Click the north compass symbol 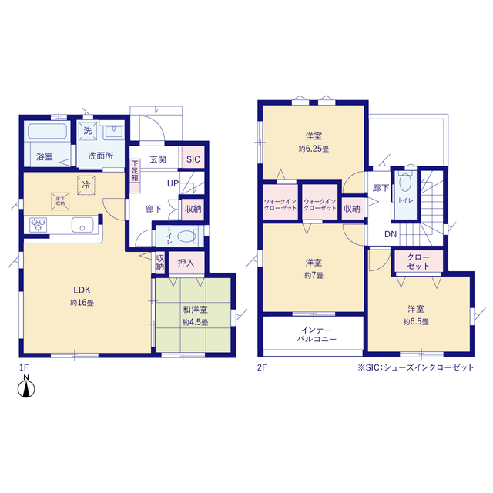point(26,387)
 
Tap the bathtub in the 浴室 point(48,131)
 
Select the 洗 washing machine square point(87,130)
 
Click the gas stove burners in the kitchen point(39,225)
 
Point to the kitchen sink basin point(82,225)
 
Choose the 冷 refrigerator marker point(86,185)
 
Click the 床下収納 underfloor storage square point(60,201)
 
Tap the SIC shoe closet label point(193,159)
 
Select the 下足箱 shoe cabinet point(135,176)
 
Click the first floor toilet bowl point(186,236)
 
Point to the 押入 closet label point(186,263)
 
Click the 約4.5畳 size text point(195,322)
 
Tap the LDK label point(82,290)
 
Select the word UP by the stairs point(173,183)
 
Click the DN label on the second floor point(391,234)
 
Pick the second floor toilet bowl point(405,183)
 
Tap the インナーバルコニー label point(317,334)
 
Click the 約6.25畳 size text point(314,149)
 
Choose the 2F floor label point(262,367)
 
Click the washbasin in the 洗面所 point(113,132)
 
